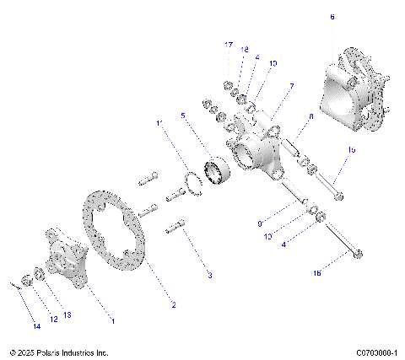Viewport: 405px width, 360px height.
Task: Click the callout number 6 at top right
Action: [332, 17]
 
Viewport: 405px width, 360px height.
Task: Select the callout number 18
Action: [246, 51]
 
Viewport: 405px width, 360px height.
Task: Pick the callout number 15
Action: [351, 149]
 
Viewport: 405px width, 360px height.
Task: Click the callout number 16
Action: [341, 273]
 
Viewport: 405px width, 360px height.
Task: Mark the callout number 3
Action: [210, 276]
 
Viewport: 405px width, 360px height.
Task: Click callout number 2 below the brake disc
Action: [173, 304]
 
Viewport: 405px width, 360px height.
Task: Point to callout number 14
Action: [35, 325]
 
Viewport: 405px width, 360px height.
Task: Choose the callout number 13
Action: [67, 314]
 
